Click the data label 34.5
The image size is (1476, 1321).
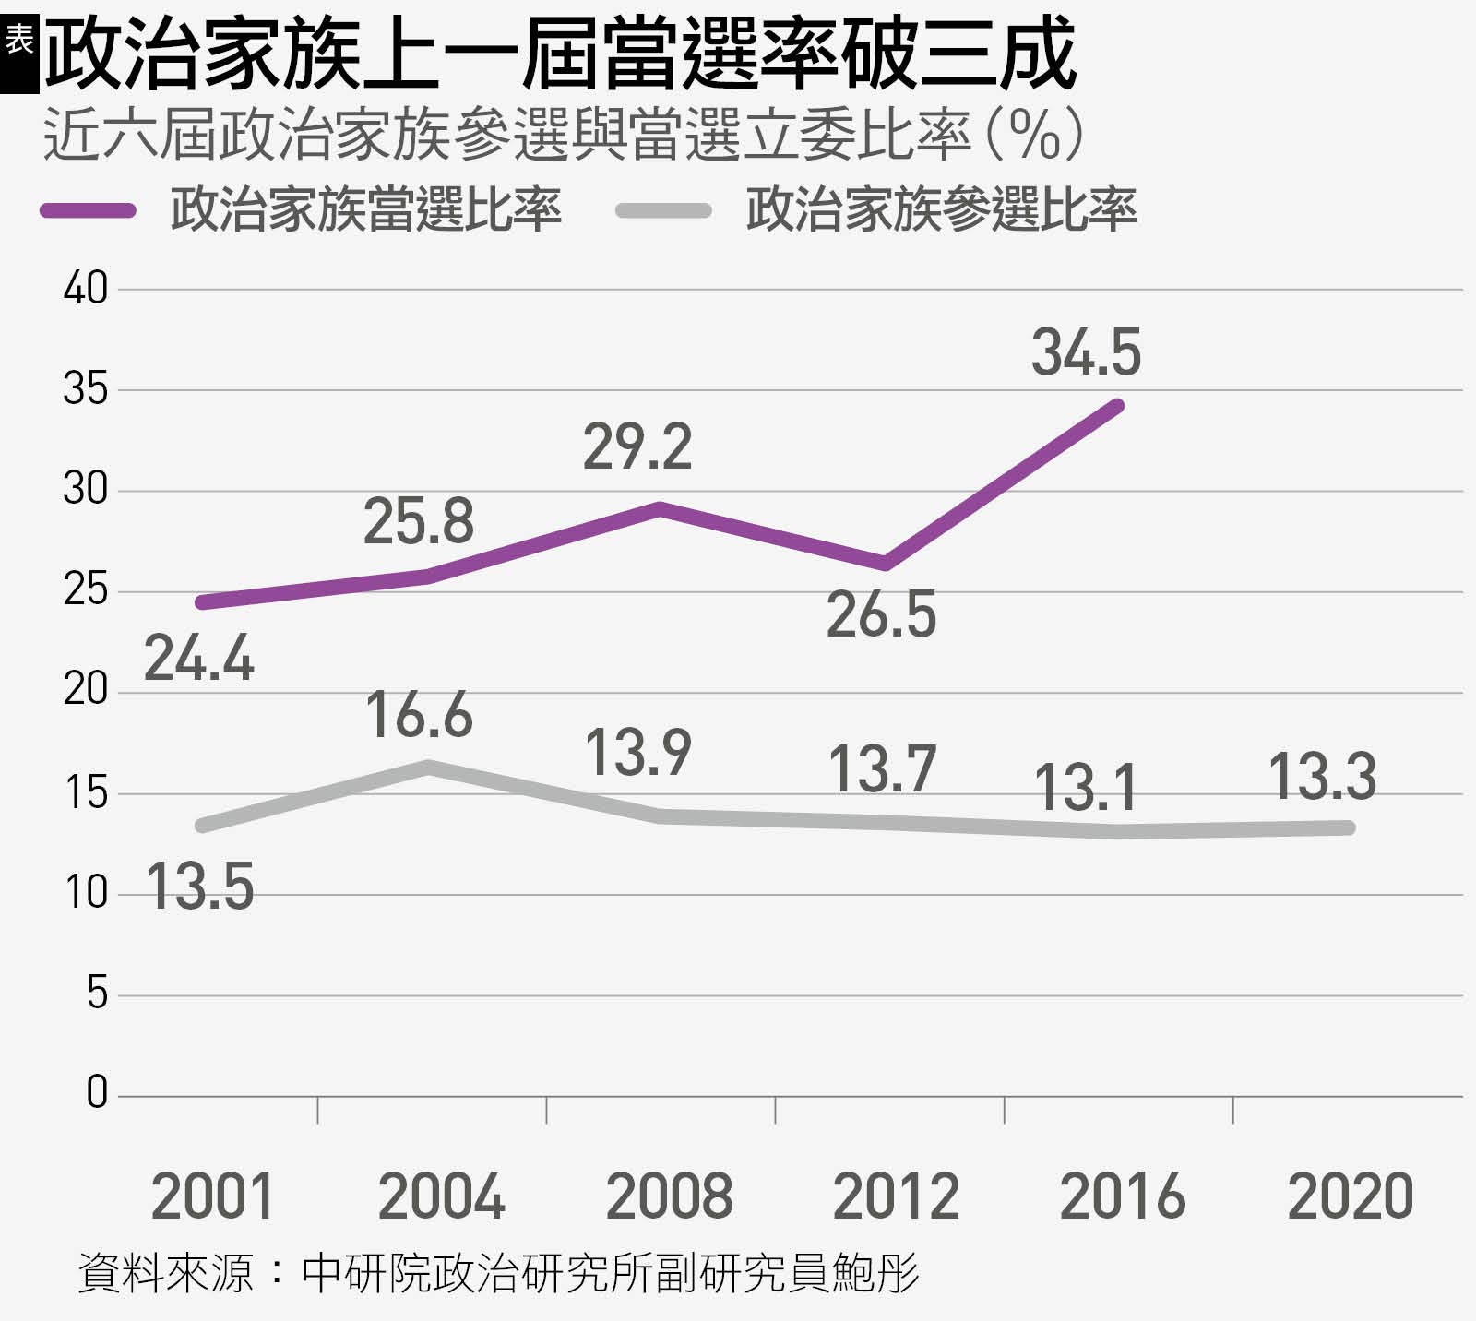tap(1086, 353)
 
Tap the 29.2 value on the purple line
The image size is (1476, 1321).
tap(637, 447)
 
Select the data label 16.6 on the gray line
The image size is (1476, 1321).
tap(419, 715)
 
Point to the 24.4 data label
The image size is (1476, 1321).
tap(198, 660)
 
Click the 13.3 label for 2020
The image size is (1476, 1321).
tap(1322, 777)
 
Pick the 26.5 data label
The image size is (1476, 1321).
tap(881, 616)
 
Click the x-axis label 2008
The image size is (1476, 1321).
tap(669, 1196)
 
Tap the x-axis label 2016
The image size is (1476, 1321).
tap(1122, 1196)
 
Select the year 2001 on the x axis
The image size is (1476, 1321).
tap(213, 1196)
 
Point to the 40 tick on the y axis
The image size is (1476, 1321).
tap(85, 290)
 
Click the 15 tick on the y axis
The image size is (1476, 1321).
tap(85, 793)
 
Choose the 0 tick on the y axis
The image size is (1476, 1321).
tap(97, 1094)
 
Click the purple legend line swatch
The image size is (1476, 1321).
tap(89, 210)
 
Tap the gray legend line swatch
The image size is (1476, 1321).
tap(663, 210)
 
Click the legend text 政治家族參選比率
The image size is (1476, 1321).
tap(941, 210)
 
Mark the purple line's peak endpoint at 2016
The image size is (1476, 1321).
tap(1117, 405)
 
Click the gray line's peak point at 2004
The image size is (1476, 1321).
tap(429, 766)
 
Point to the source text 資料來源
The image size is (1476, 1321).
tap(166, 1273)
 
